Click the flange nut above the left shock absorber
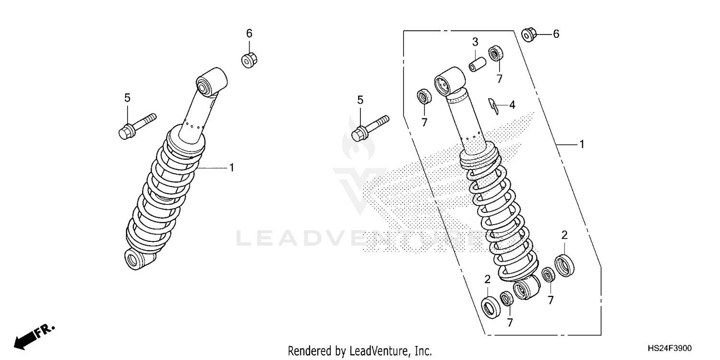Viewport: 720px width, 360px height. click(249, 60)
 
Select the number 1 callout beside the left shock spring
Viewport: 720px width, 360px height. click(231, 168)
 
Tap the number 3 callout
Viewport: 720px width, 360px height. click(475, 41)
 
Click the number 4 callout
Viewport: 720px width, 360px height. click(512, 105)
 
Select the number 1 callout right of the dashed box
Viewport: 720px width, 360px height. click(582, 144)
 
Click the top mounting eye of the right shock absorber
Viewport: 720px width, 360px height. click(450, 79)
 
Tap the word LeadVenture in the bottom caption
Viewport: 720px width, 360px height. click(379, 351)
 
